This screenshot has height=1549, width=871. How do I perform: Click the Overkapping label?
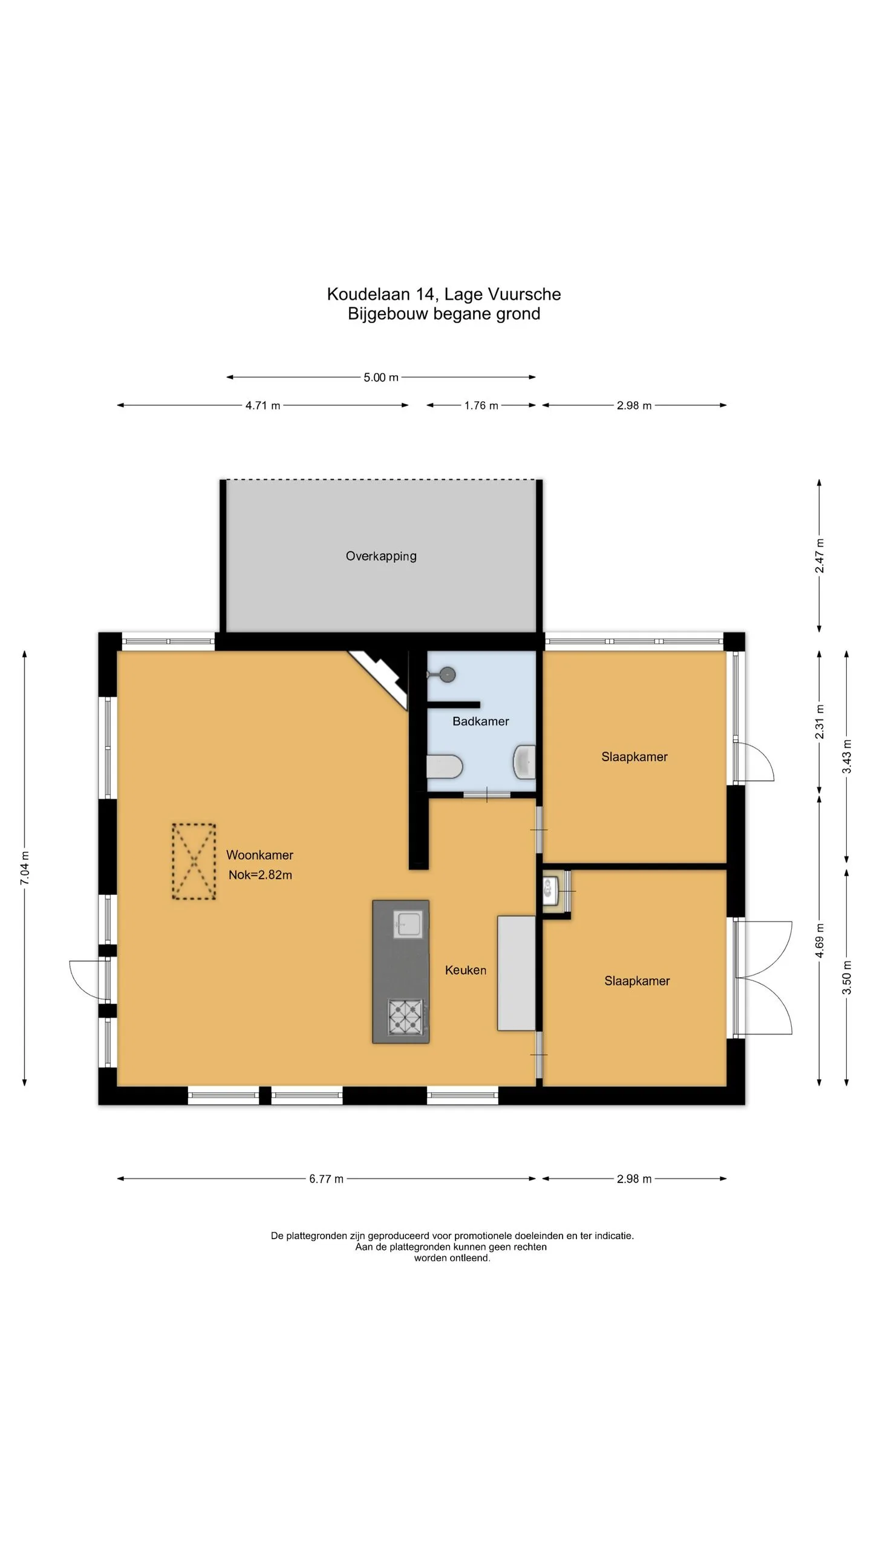point(381,556)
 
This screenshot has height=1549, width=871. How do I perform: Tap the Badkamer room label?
point(481,721)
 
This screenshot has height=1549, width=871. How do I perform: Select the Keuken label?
point(466,970)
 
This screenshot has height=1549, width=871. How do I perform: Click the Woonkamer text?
point(259,855)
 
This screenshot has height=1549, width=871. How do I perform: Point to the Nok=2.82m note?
point(260,875)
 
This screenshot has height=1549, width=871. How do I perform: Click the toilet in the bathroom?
point(445,767)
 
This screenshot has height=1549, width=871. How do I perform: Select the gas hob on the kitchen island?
point(405,1017)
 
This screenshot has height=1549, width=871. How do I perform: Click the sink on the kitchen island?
point(407,924)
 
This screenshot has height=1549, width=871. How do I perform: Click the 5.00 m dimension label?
point(381,378)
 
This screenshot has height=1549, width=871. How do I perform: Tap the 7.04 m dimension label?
point(25,868)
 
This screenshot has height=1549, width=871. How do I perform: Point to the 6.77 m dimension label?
point(327,1179)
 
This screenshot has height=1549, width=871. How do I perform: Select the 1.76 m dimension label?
point(481,405)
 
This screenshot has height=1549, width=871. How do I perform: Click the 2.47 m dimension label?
point(820,555)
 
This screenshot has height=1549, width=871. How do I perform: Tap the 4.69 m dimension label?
point(820,941)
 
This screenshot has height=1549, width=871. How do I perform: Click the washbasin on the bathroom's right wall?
point(524,762)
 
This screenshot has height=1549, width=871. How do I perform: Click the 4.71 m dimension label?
point(263,405)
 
